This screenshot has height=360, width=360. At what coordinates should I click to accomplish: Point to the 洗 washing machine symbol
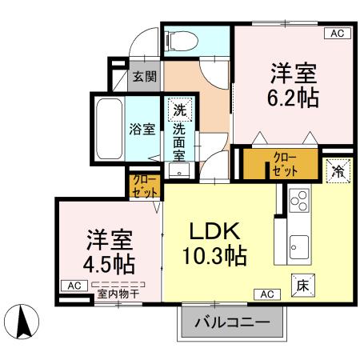179,111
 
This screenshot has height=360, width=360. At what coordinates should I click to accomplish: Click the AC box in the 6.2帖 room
337,33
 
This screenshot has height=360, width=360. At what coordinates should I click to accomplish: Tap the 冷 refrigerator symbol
338,169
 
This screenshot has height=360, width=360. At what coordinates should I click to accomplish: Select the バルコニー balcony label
232,325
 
